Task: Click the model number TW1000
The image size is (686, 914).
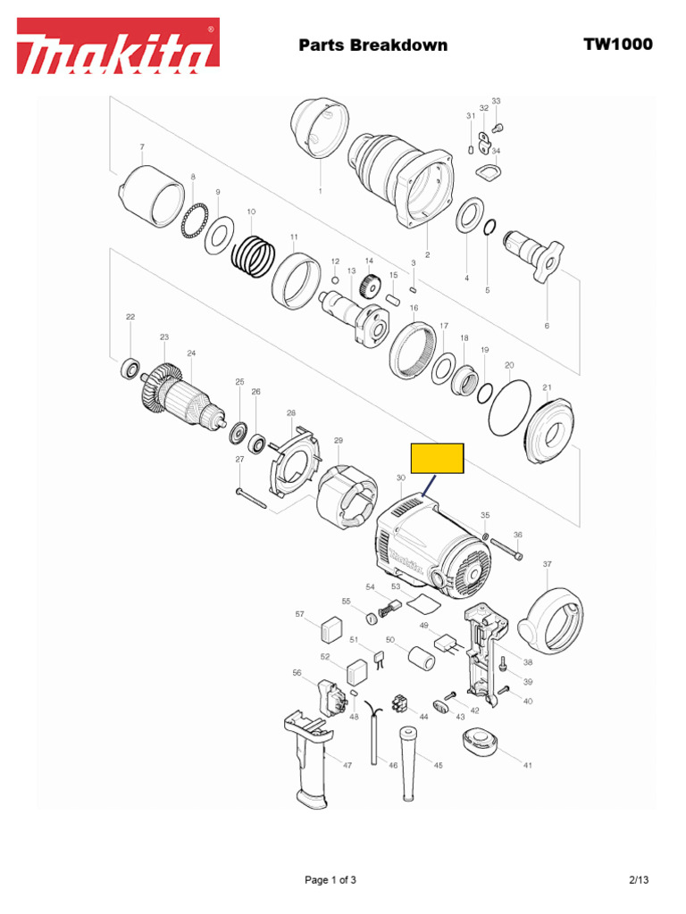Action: [x=618, y=45]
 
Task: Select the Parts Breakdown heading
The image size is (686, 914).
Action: [x=372, y=46]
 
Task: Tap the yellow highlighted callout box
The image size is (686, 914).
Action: [x=437, y=457]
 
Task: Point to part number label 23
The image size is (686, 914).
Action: [x=164, y=337]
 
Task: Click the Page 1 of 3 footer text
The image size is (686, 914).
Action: [x=330, y=880]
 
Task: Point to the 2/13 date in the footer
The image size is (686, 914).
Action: [x=638, y=880]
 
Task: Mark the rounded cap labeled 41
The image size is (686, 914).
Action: [x=481, y=742]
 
